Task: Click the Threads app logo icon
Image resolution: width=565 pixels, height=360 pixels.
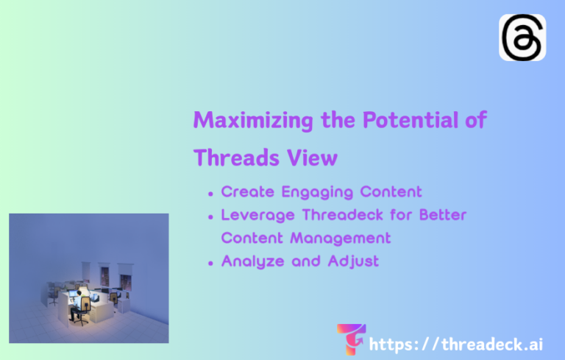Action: (x=522, y=38)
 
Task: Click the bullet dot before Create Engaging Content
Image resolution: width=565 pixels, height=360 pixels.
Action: (x=211, y=193)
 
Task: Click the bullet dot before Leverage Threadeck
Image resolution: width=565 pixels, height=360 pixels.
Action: (x=211, y=216)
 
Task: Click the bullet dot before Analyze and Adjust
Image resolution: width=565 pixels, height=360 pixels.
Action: (x=211, y=263)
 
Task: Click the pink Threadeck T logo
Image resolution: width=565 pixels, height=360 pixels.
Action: (x=351, y=339)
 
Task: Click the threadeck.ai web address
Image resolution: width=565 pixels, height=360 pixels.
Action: (x=456, y=344)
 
